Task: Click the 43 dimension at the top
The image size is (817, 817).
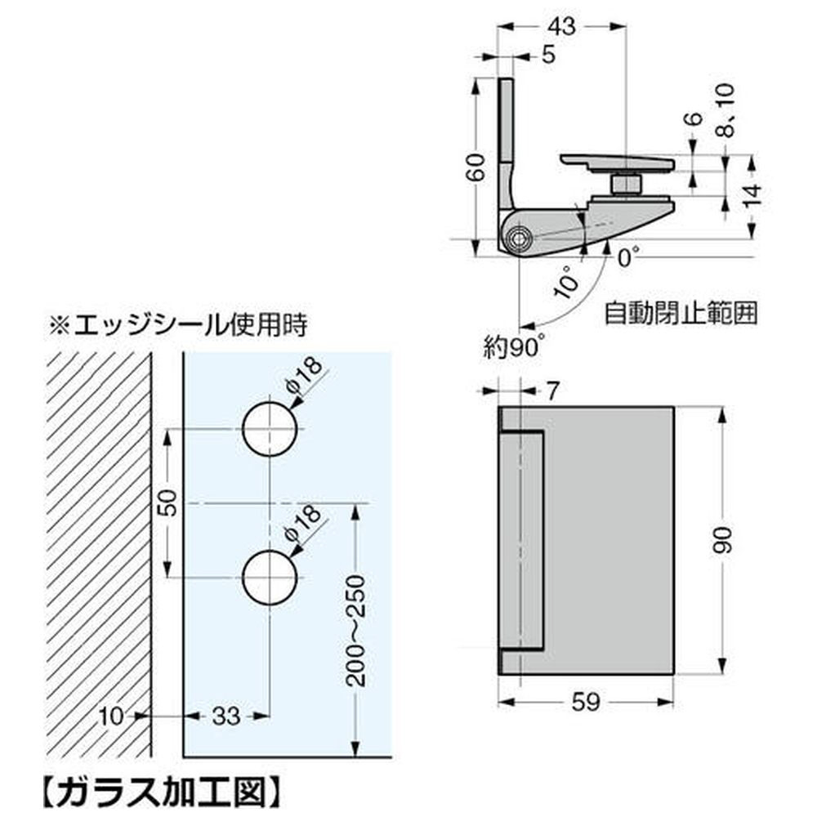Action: pos(562,26)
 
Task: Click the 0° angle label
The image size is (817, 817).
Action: pos(626,259)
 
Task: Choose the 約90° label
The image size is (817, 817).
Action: pos(512,346)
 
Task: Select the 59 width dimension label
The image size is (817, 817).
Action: pos(587,702)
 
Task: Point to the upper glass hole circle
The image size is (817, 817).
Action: pos(269,429)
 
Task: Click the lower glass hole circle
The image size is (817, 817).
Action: pos(269,578)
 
